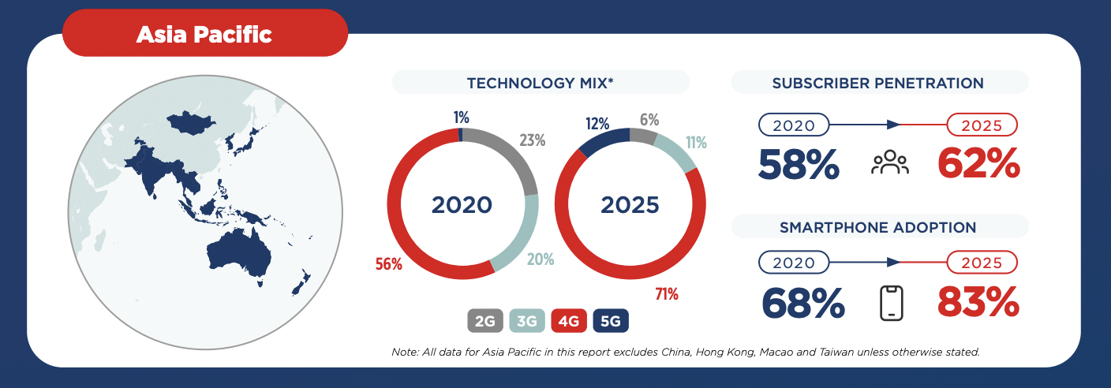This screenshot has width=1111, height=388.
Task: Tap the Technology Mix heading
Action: click(541, 83)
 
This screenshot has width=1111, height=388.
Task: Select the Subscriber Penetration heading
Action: click(877, 83)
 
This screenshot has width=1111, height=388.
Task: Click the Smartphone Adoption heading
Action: click(877, 227)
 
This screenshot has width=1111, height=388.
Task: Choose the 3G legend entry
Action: click(527, 321)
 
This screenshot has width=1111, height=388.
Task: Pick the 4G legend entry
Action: click(568, 321)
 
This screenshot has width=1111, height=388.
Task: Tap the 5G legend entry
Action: click(610, 321)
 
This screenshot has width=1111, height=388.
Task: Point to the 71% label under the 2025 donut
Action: click(667, 295)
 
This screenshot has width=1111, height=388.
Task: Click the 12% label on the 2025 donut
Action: click(597, 124)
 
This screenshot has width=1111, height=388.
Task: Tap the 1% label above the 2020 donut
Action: click(461, 118)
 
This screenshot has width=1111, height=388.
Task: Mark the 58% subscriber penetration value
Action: click(799, 164)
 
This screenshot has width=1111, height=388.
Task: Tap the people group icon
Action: click(890, 164)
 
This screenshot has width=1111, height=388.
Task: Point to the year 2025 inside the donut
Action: click(630, 205)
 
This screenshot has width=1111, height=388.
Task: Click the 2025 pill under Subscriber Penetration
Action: click(982, 125)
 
